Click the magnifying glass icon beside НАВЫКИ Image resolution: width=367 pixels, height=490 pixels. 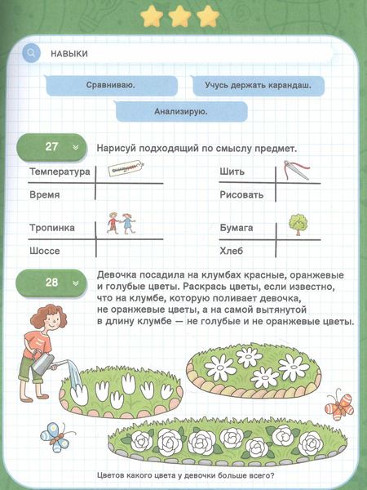(x=32, y=53)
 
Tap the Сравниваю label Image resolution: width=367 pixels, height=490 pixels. (x=111, y=84)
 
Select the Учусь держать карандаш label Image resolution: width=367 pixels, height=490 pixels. (x=258, y=84)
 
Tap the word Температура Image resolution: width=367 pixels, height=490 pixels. (x=59, y=173)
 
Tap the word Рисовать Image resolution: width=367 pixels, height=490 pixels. (x=241, y=196)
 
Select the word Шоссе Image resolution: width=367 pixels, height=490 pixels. (x=46, y=252)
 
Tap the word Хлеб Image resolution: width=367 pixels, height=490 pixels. (x=233, y=252)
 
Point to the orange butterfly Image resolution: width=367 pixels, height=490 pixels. (x=338, y=404)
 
